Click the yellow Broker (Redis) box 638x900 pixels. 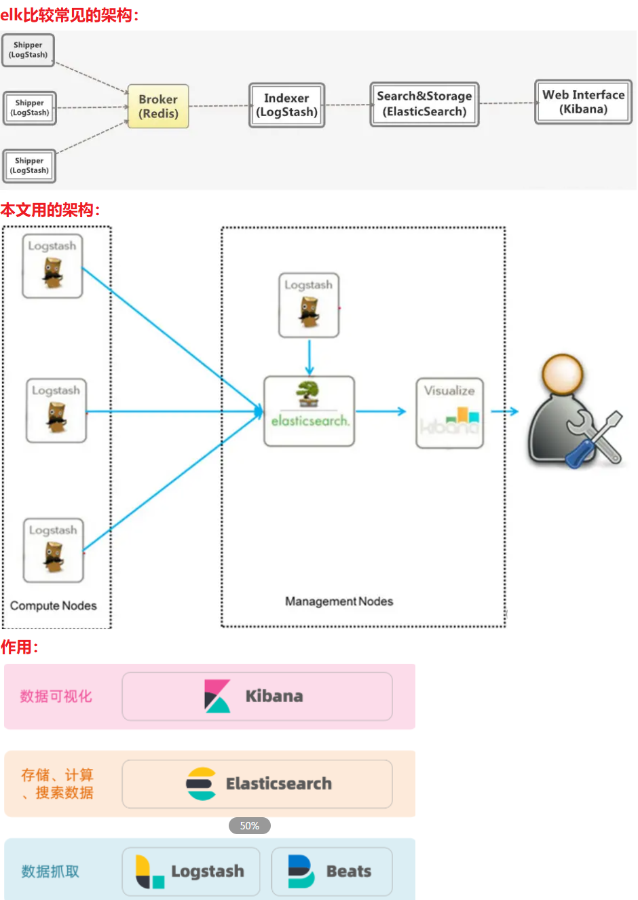[x=158, y=107]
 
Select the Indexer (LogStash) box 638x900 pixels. [x=286, y=105]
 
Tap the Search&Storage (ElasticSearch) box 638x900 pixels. [x=424, y=105]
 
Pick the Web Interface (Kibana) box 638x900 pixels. [x=583, y=102]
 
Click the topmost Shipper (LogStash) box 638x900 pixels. [x=28, y=50]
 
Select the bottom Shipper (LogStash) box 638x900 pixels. [x=29, y=166]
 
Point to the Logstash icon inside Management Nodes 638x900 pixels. [x=309, y=305]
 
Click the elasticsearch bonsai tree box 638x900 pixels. [x=309, y=411]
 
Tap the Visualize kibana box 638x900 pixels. [x=449, y=413]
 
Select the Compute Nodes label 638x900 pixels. [x=54, y=605]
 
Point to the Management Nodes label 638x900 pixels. [x=339, y=601]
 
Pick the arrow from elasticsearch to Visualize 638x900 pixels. [x=381, y=411]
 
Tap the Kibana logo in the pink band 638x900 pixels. [x=217, y=696]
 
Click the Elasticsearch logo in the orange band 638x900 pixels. [x=201, y=784]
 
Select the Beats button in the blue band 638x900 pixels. [x=332, y=871]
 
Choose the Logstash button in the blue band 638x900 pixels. [x=191, y=871]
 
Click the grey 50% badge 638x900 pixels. [x=250, y=826]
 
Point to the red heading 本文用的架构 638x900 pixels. [x=50, y=210]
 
